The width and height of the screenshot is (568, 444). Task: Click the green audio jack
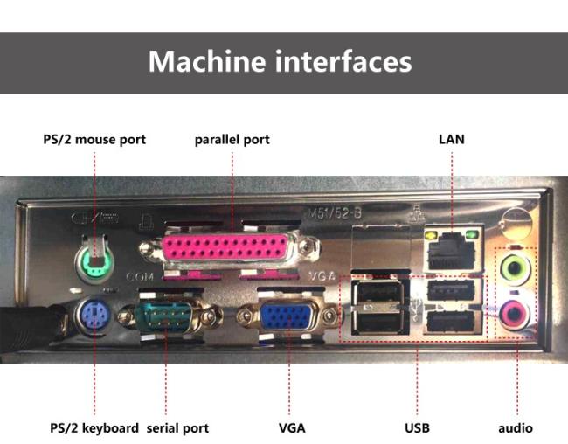[x=515, y=268]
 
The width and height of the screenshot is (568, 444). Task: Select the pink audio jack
[x=514, y=314]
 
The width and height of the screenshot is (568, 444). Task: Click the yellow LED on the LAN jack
[x=430, y=236]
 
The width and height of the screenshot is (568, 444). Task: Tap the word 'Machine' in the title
[x=207, y=61]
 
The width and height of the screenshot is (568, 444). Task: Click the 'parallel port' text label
[x=232, y=140]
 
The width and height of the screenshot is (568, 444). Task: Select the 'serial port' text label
[x=177, y=428]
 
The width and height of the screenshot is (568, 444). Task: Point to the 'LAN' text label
[x=452, y=140]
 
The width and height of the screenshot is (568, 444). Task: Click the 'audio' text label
[x=516, y=428]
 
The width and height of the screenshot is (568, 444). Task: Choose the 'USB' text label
[x=418, y=428]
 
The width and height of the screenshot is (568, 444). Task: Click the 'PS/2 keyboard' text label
[x=94, y=428]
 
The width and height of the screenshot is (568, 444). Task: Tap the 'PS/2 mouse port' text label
[x=94, y=140]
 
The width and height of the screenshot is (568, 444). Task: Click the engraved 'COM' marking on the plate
[x=140, y=277]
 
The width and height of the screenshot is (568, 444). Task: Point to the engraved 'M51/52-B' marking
[x=335, y=213]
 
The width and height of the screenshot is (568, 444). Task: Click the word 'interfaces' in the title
[x=343, y=61]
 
